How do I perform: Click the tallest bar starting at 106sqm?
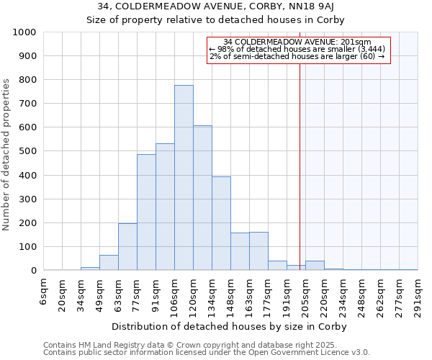(184, 178)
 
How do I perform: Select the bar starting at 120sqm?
(202, 198)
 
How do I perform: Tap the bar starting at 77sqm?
(146, 212)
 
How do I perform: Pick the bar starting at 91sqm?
(165, 207)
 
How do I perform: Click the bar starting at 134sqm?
(221, 223)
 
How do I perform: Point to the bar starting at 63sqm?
(127, 247)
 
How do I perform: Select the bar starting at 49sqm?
(109, 263)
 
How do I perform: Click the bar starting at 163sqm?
(258, 251)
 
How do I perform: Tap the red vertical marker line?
(300, 166)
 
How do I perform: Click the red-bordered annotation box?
(298, 50)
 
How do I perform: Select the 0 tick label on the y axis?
(33, 271)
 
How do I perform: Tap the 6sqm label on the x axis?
(44, 291)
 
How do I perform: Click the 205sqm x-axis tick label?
(306, 295)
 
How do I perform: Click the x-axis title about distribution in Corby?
(230, 326)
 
